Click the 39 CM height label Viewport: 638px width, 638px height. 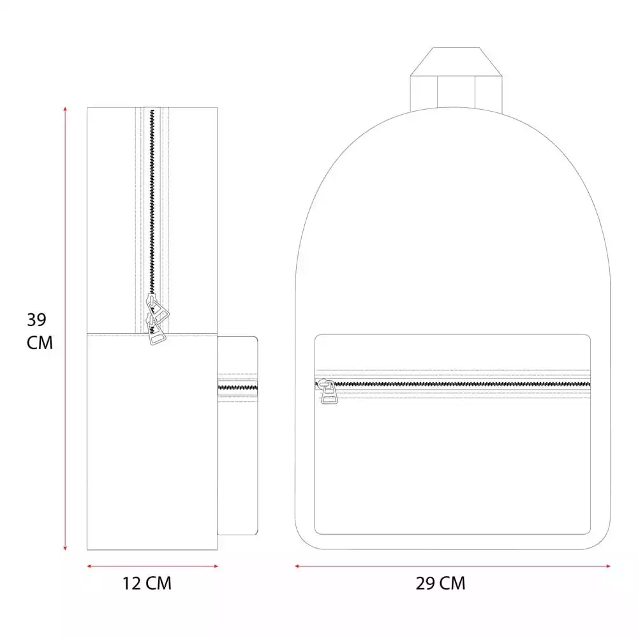(40, 331)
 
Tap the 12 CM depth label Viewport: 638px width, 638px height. (147, 583)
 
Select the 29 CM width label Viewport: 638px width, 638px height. (440, 583)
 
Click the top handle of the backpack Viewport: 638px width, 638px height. (456, 78)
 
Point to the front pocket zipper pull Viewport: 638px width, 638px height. (328, 392)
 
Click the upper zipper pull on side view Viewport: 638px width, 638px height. (158, 309)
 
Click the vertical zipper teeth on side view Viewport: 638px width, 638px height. (152, 202)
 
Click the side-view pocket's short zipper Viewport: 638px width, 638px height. (237, 387)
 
